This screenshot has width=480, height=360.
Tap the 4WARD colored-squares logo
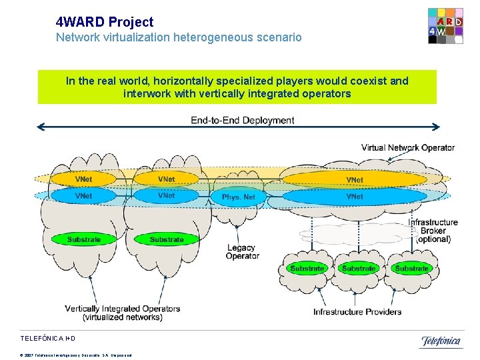pyautogui.click(x=445, y=26)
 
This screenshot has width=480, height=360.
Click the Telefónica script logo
pyautogui.click(x=440, y=341)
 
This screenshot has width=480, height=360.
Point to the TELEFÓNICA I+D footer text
pyautogui.click(x=53, y=339)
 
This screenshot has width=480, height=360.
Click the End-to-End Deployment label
pyautogui.click(x=242, y=121)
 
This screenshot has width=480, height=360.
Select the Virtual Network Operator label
pyautogui.click(x=407, y=147)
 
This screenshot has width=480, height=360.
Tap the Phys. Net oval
pyautogui.click(x=239, y=197)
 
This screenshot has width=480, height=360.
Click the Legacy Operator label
pyautogui.click(x=242, y=252)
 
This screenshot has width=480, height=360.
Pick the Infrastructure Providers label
pyautogui.click(x=357, y=311)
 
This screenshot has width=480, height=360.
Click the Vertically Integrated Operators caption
pyautogui.click(x=122, y=313)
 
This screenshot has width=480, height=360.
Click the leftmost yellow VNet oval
pyautogui.click(x=83, y=179)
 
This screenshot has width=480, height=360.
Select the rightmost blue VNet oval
pyautogui.click(x=355, y=197)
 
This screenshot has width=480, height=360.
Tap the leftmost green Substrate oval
pyautogui.click(x=83, y=239)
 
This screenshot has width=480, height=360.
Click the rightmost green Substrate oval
pyautogui.click(x=411, y=269)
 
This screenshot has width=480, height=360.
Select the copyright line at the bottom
pyautogui.click(x=76, y=355)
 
